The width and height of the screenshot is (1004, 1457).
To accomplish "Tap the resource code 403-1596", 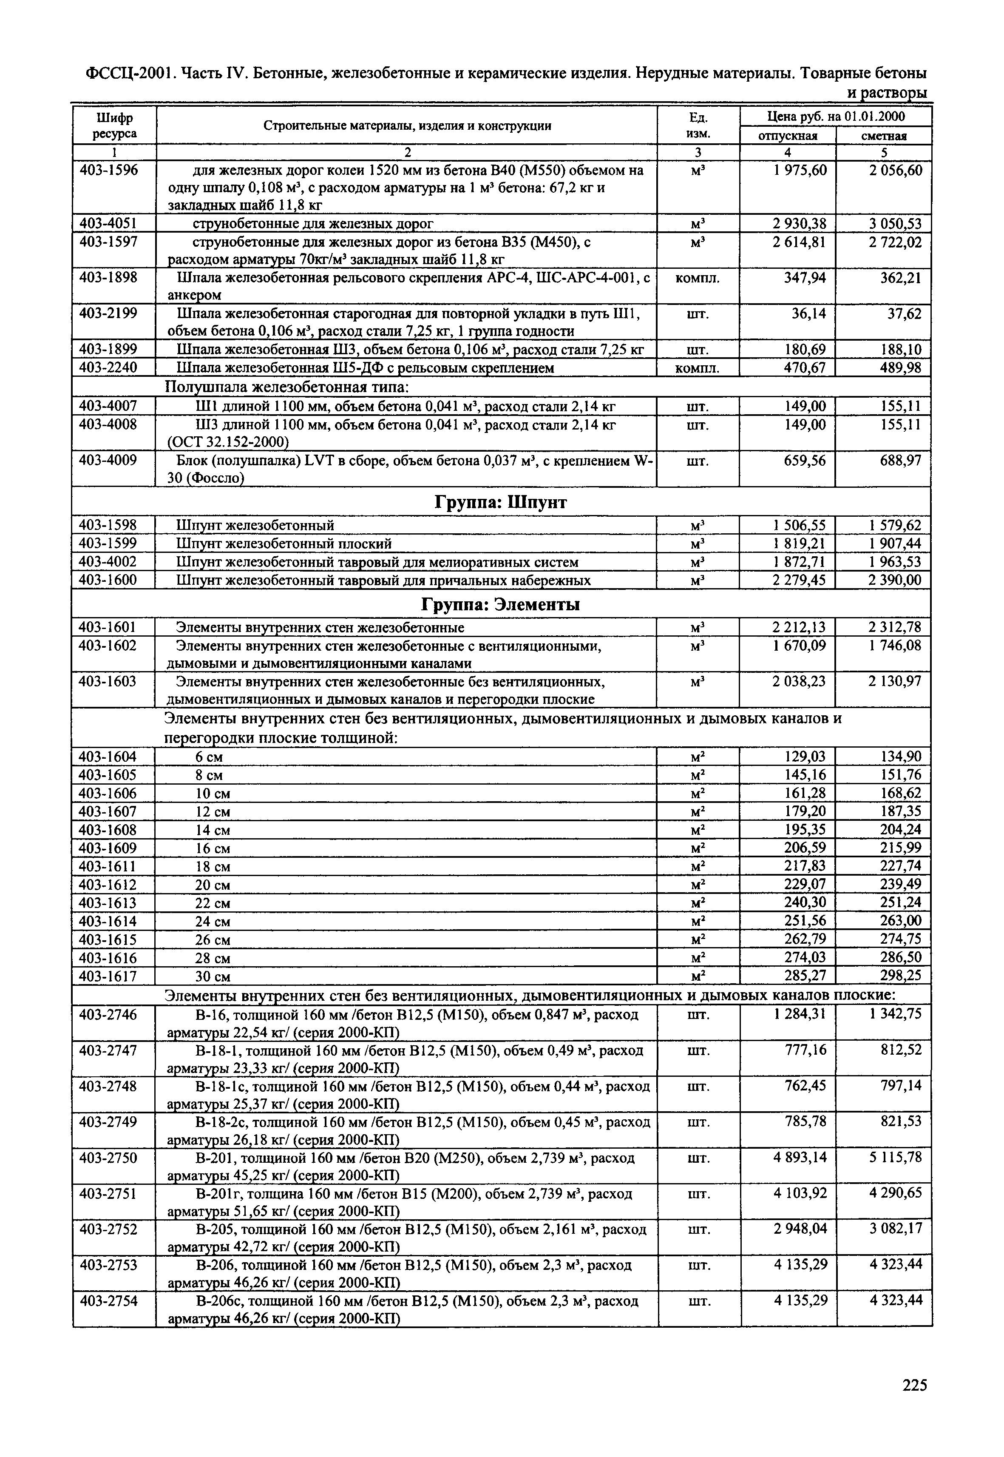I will tap(108, 171).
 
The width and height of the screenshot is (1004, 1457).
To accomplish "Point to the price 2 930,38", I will tap(800, 223).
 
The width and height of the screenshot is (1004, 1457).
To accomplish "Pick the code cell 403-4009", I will tap(108, 461).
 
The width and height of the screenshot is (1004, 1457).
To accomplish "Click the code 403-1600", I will tap(108, 580).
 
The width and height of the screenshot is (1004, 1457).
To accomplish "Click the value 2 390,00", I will tap(895, 580).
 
